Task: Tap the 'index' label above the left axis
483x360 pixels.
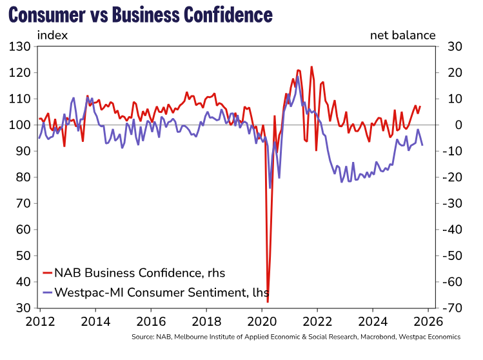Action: (x=52, y=35)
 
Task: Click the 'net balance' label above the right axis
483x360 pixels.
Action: (x=402, y=35)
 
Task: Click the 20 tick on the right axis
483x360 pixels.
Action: (x=449, y=72)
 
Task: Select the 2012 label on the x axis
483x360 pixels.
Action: (x=40, y=321)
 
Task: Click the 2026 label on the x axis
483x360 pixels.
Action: (x=426, y=321)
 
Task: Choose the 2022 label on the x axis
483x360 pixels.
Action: (x=316, y=321)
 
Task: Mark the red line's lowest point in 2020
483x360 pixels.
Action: (x=268, y=301)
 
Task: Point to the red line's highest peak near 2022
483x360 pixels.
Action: (x=311, y=66)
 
